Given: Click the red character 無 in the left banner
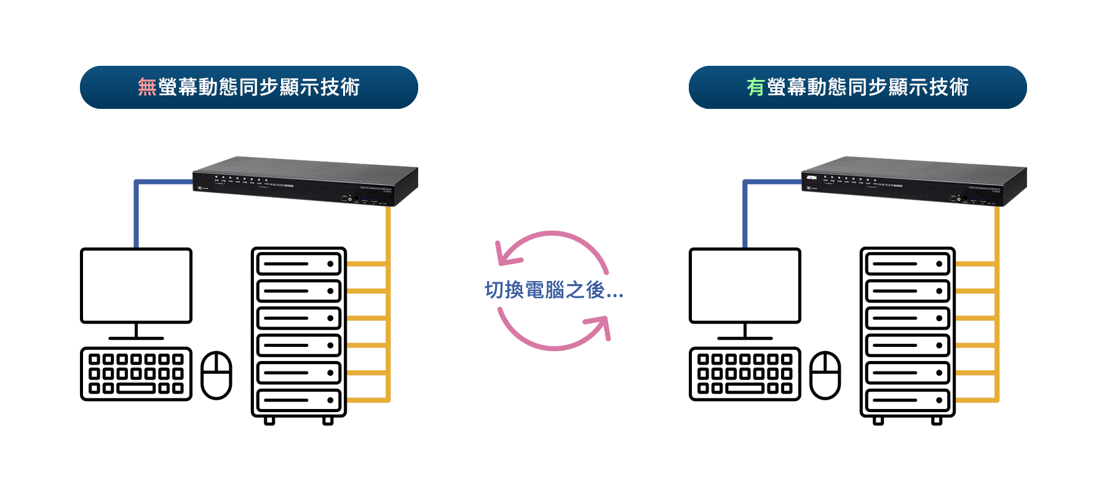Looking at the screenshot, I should [x=147, y=87].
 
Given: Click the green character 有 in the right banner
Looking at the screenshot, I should [x=755, y=87].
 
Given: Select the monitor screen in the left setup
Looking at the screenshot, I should [x=136, y=285].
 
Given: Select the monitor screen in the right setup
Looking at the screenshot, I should [x=745, y=285].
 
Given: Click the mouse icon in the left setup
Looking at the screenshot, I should [x=216, y=375].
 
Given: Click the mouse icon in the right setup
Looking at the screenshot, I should [x=825, y=375].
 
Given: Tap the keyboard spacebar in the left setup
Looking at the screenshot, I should [x=136, y=389].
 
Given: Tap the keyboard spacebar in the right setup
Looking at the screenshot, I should [x=745, y=389].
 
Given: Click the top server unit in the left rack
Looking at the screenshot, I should [x=299, y=264].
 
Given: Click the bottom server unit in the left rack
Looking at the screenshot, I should [x=299, y=400].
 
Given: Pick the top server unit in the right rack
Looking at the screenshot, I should [x=908, y=264].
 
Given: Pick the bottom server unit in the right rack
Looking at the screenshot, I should [x=908, y=400].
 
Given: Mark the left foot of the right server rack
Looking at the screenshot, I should [x=878, y=421].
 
